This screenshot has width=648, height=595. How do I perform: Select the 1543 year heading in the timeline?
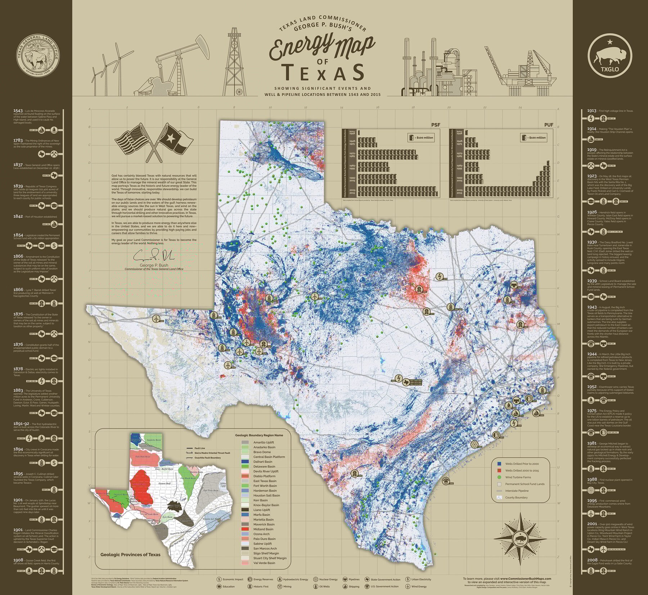(18, 111)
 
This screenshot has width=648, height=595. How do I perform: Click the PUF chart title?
(549, 125)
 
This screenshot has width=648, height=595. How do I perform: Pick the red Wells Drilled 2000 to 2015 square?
(499, 470)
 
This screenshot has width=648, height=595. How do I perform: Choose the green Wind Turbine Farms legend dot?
(499, 477)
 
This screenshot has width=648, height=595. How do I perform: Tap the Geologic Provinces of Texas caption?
(130, 554)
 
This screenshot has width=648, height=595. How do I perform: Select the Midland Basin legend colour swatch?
(245, 529)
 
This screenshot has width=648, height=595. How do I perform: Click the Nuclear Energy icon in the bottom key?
(316, 579)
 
